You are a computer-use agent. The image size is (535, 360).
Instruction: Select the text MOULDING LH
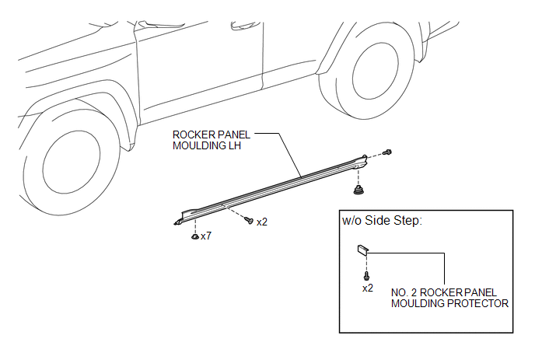pyautogui.click(x=207, y=145)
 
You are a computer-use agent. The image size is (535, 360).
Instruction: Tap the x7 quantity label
pyautogui.click(x=206, y=236)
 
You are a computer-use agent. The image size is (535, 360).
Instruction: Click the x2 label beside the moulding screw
pyautogui.click(x=262, y=222)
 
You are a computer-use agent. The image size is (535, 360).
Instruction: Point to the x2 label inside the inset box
pyautogui.click(x=368, y=288)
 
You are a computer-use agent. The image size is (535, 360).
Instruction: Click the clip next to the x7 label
pyautogui.click(x=195, y=236)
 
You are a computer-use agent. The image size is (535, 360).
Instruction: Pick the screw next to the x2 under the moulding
pyautogui.click(x=249, y=220)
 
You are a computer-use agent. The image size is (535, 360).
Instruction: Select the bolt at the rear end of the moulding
pyautogui.click(x=387, y=152)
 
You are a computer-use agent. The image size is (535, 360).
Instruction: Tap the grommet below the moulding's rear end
pyautogui.click(x=358, y=190)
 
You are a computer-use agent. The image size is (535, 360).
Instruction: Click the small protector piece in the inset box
pyautogui.click(x=363, y=250)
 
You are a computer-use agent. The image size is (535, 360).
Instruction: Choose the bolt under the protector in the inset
pyautogui.click(x=367, y=276)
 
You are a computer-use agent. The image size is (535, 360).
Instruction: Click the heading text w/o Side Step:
pyautogui.click(x=382, y=221)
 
